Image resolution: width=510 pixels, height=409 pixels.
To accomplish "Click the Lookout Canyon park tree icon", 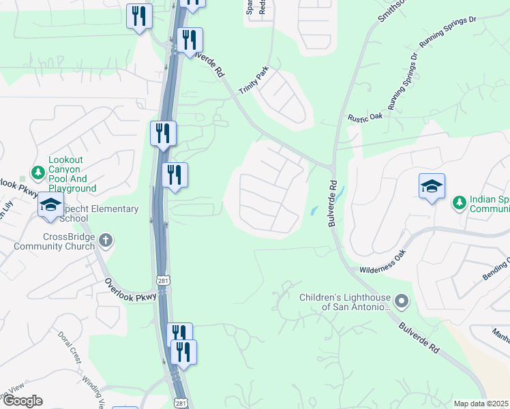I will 37,171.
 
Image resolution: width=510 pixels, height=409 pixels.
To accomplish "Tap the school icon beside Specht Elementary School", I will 50,205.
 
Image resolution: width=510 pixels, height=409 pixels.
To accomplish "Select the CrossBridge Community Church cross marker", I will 104,240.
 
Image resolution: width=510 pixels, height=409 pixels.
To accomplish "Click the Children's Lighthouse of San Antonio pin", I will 402,301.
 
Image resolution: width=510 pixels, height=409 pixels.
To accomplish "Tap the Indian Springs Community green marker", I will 458,202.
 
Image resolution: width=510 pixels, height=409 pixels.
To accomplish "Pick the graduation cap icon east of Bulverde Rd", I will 432,186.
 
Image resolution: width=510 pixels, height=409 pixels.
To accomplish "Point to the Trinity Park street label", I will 254,80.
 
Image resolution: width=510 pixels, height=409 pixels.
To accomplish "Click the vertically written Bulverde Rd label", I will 333,203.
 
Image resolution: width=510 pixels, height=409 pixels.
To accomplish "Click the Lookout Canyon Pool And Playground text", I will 72,174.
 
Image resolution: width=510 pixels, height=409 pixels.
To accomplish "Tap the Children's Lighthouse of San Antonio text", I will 345,302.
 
